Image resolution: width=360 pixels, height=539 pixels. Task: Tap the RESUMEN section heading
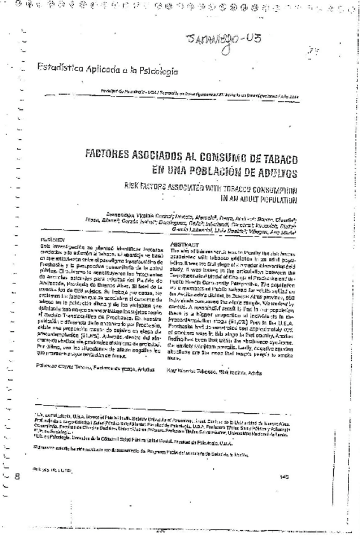[x=55, y=239]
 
